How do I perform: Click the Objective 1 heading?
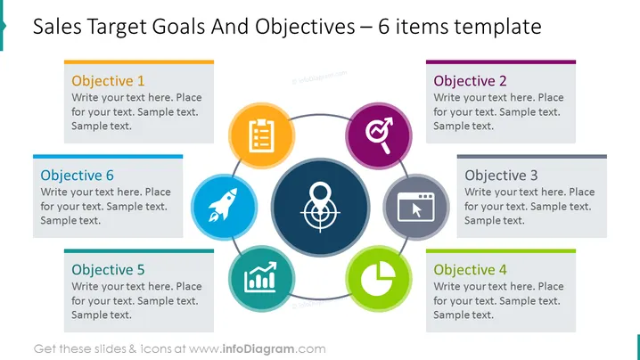point(108,81)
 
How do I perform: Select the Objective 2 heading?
point(470,81)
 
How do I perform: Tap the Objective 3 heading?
point(501,176)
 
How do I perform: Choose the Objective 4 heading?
point(470,270)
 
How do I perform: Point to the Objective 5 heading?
point(108,270)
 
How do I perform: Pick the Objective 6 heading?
point(77,176)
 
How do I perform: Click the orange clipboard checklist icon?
point(261,135)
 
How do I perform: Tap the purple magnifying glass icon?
point(379,135)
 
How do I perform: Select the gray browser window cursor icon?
point(416,207)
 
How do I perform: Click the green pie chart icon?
point(378,278)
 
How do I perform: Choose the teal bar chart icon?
point(260,277)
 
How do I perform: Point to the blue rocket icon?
point(223,205)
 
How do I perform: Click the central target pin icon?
point(320,207)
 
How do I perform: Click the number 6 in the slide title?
point(383,27)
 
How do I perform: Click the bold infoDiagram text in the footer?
point(258,349)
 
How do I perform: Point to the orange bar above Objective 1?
point(139,62)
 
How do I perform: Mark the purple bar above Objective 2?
point(501,62)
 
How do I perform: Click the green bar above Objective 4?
point(501,251)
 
